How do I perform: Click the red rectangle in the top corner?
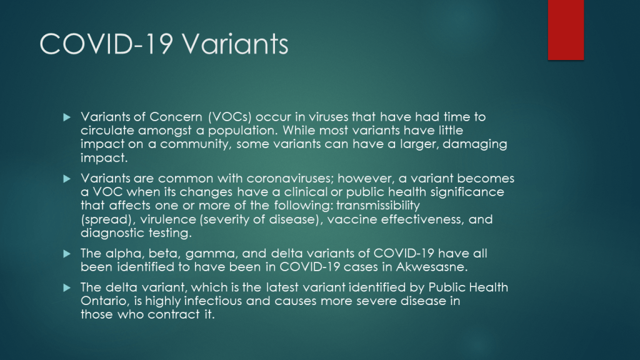tap(566, 30)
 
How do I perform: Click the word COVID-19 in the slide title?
tap(106, 44)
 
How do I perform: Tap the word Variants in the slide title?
tap(235, 44)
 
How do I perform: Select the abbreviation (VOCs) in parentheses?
tap(230, 117)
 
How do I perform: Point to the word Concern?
tap(176, 117)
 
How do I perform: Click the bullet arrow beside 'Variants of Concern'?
tap(67, 117)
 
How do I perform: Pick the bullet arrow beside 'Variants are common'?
tap(67, 179)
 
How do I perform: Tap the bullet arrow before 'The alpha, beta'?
tap(67, 254)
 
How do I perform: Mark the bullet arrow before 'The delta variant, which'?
tap(67, 287)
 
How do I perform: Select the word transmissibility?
tap(378, 205)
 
